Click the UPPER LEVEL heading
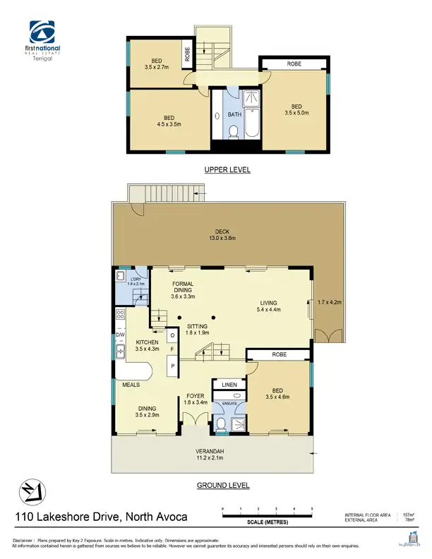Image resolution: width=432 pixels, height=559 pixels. coord(227,170)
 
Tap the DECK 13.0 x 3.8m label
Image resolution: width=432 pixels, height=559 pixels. coord(222,235)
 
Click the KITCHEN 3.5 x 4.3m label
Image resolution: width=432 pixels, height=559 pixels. coord(148,346)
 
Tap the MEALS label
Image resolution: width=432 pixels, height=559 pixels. coord(129,385)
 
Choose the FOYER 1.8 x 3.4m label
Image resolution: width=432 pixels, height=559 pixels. coord(195,399)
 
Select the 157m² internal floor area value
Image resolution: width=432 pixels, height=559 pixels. coord(407,515)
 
